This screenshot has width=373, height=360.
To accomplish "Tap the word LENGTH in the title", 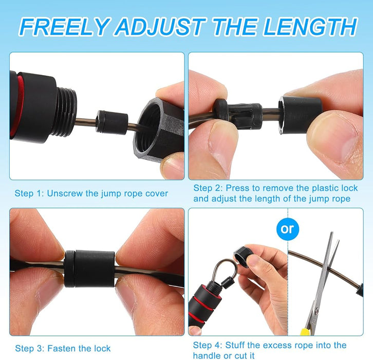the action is pyautogui.click(x=309, y=26).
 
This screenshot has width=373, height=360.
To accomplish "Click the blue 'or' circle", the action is pyautogui.click(x=287, y=229).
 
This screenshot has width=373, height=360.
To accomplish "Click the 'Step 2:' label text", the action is pyautogui.click(x=208, y=188).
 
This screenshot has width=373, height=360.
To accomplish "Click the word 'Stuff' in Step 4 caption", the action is pyautogui.click(x=235, y=345).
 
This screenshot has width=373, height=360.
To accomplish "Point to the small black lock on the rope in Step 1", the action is pyautogui.click(x=111, y=122).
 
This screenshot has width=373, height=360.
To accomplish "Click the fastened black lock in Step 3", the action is pyautogui.click(x=89, y=268).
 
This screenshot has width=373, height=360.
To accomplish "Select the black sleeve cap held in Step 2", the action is pyautogui.click(x=300, y=115).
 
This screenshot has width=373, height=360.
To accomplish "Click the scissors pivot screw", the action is pyautogui.click(x=316, y=311).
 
